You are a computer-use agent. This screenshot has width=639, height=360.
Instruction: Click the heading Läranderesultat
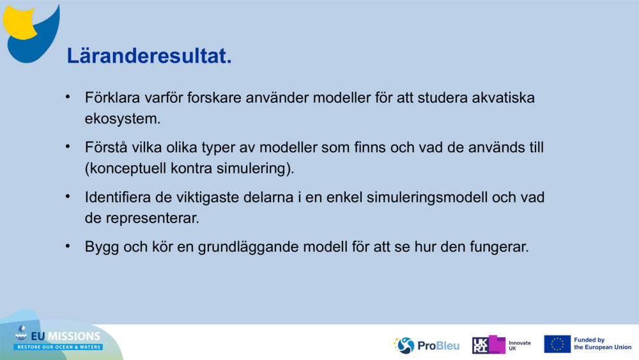pos(149,56)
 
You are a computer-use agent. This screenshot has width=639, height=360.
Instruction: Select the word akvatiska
pos(503,98)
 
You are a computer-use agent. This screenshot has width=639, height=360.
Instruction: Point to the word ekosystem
pos(122,119)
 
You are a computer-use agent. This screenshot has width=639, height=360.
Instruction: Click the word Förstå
pos(106,147)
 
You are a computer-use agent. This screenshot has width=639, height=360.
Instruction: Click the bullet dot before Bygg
pos(68,246)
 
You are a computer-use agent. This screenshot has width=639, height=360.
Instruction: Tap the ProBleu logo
pos(426,345)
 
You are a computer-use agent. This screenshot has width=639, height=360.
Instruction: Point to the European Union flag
pos(557,344)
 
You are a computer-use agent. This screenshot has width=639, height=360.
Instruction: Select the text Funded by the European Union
pos(603,343)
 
